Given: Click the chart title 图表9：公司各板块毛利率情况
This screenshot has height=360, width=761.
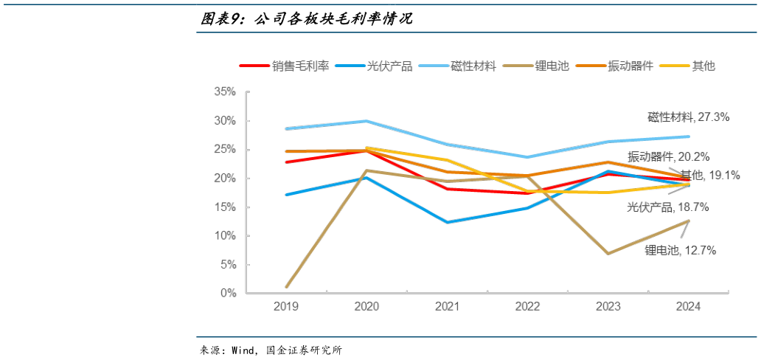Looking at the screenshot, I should (x=307, y=19).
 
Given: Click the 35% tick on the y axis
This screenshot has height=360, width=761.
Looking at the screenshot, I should (x=224, y=92).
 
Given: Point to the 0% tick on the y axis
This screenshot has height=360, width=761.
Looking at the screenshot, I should (x=227, y=294).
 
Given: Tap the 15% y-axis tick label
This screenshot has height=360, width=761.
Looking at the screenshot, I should (x=224, y=207).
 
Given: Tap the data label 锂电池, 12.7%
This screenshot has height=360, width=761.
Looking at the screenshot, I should (x=680, y=250).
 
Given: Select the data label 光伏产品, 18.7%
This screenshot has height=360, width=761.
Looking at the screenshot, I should (x=667, y=207).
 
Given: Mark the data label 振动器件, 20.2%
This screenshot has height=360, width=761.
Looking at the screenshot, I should (x=668, y=156).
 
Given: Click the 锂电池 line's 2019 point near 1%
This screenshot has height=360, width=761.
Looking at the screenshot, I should (x=286, y=287).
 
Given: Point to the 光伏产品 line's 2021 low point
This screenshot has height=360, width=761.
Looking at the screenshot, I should (x=447, y=222).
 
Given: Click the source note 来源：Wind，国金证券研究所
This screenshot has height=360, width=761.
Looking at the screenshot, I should (x=271, y=350).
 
